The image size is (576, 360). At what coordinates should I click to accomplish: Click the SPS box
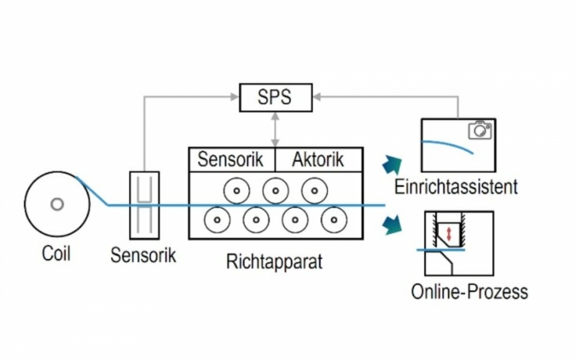pos(274,97)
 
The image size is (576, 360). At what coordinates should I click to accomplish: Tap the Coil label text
pos(56,253)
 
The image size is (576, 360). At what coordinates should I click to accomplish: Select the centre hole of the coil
pos(56,205)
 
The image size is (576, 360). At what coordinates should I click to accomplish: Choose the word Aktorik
pos(317,160)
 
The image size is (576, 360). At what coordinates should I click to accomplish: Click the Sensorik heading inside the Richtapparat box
pos(232,160)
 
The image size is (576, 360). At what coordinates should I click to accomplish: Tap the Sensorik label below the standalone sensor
pos(143,254)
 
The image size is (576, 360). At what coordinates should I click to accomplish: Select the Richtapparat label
pos(275,261)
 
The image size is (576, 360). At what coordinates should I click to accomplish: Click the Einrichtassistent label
pos(457,186)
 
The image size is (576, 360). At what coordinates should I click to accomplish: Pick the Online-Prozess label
pos(469,292)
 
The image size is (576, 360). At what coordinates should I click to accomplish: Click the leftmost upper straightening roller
pos(236,189)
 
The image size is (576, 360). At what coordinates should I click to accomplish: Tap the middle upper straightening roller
pos(275,189)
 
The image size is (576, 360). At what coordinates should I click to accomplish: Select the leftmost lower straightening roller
pos(217,220)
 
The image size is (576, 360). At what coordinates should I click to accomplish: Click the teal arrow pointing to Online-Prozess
pos(393,225)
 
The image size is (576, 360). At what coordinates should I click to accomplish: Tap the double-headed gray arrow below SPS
pos(275,128)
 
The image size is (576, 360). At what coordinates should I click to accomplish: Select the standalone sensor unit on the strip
pos(143,205)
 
